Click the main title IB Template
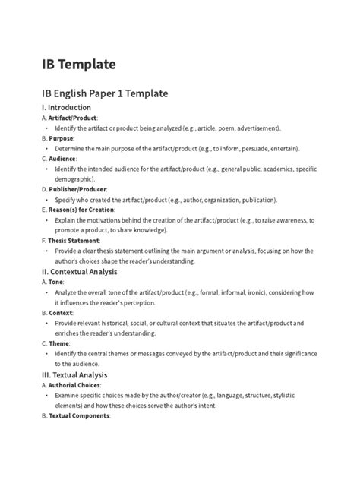point(79,64)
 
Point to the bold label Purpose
point(62,138)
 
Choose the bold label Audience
point(63,159)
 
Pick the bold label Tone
point(57,281)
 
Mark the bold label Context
point(62,312)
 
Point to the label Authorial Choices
point(78,384)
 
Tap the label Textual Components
point(81,415)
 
